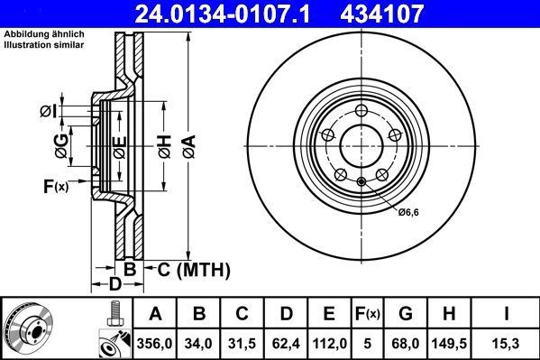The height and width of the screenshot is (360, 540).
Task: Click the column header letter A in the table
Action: (154, 314)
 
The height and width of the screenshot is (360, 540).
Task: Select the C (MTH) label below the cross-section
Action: (194, 270)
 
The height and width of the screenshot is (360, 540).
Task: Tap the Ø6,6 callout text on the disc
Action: (410, 213)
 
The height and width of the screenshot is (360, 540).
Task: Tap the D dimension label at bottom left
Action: (114, 285)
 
